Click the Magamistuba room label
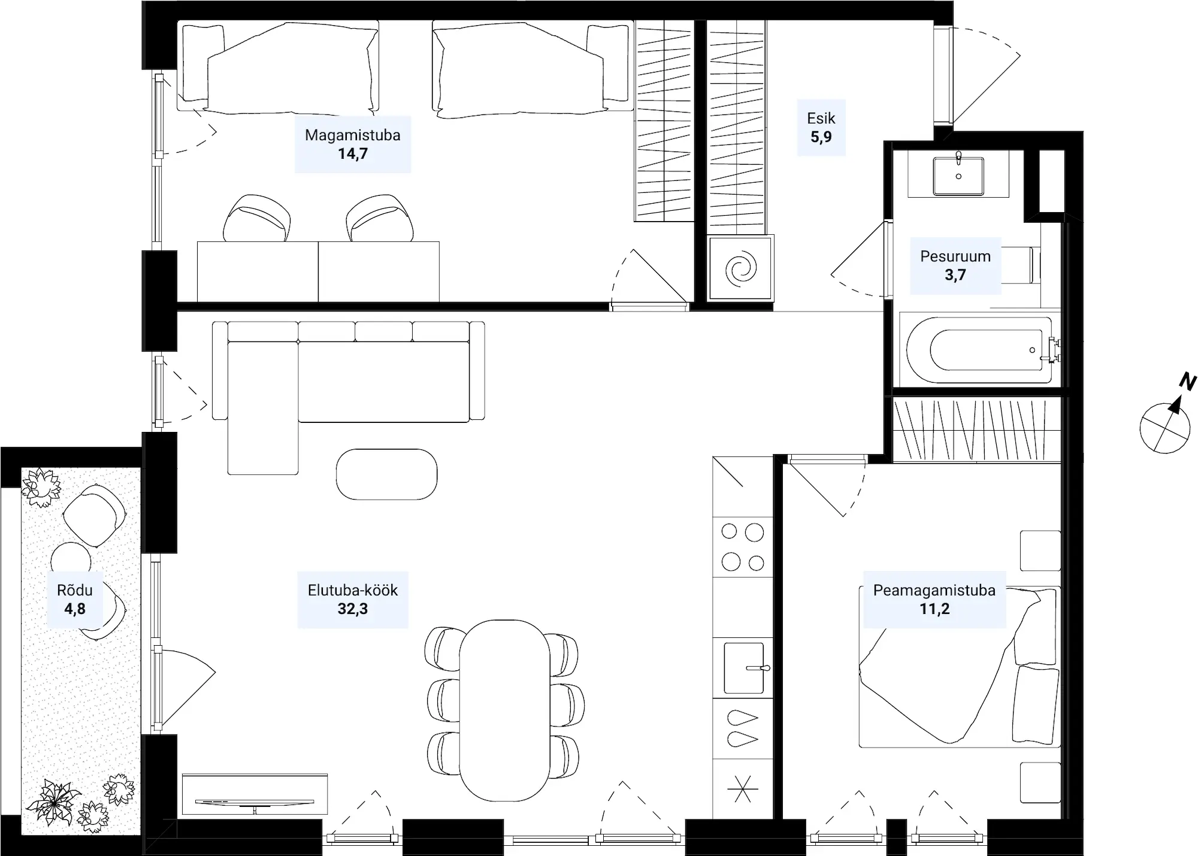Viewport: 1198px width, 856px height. (x=352, y=135)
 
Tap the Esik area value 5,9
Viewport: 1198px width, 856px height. (x=821, y=137)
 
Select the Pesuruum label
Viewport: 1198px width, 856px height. (x=955, y=256)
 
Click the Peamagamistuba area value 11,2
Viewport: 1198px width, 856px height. (x=934, y=609)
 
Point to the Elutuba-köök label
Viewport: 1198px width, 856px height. (x=352, y=590)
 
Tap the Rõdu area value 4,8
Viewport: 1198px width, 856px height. (x=75, y=609)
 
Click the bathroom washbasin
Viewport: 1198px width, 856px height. (x=958, y=176)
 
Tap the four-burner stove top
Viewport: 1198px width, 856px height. (x=743, y=547)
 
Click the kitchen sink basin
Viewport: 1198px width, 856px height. (x=743, y=668)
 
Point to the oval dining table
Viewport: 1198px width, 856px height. (x=504, y=710)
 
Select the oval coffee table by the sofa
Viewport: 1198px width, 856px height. (x=386, y=474)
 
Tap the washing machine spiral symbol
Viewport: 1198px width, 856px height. (x=741, y=268)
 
